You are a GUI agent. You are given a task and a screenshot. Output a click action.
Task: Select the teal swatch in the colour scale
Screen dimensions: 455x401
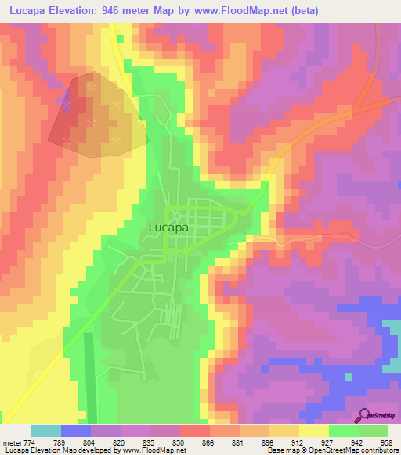point(46,431)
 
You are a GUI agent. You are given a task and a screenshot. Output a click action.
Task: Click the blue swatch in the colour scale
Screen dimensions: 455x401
point(76,431)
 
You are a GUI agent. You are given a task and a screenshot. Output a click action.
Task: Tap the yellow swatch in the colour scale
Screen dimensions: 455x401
point(313,431)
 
